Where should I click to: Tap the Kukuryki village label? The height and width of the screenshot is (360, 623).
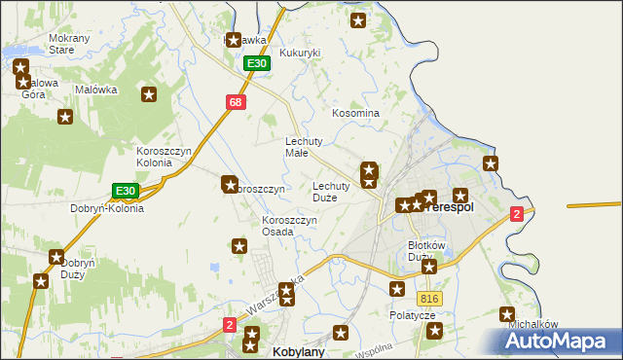tap(300, 54)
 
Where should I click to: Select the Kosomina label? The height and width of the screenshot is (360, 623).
tap(355, 113)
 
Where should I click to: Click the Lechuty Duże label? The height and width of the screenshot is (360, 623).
tap(331, 192)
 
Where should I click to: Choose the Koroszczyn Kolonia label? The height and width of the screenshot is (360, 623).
tap(167, 157)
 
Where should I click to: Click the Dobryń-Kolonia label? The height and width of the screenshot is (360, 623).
tap(107, 208)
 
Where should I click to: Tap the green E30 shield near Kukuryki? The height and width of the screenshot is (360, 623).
tap(256, 63)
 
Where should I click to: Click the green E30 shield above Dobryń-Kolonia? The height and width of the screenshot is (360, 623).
tap(125, 191)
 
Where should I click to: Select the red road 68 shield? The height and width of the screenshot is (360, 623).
tap(236, 102)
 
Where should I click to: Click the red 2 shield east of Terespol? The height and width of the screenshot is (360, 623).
tap(517, 213)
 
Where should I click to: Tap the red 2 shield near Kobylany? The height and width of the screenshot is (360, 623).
tap(229, 325)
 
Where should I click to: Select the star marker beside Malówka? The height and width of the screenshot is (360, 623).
tap(149, 94)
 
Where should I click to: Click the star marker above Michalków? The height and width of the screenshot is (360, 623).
tap(506, 314)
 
